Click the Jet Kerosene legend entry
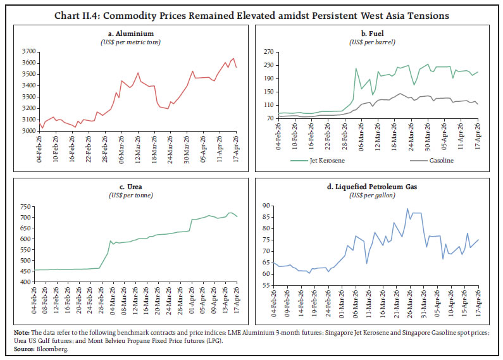[x=318, y=161]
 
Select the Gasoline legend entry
[x=432, y=161]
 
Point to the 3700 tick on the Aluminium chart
[x=28, y=51]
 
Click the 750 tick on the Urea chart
[x=26, y=207]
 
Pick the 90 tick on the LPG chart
[x=266, y=206]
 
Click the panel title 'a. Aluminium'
[x=131, y=34]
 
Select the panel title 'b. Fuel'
[x=372, y=34]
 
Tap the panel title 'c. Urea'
[x=131, y=187]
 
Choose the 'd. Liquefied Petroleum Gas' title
[x=372, y=187]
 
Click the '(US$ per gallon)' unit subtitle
[x=372, y=195]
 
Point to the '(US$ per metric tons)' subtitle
[x=131, y=42]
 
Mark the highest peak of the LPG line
[x=407, y=209]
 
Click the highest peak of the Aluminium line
[x=233, y=58]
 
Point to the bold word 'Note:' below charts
[x=22, y=333]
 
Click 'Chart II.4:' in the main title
[x=77, y=15]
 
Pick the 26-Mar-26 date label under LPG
[x=409, y=302]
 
